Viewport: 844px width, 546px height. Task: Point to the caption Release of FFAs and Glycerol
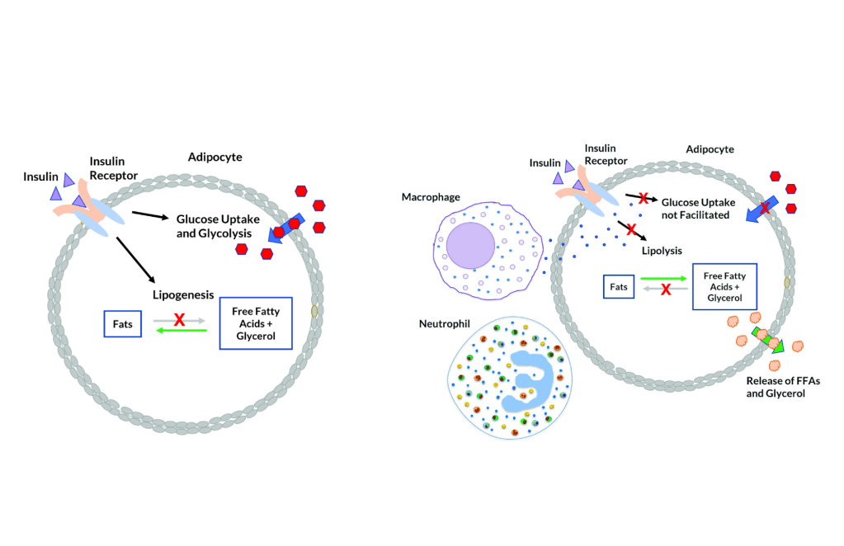[776, 387]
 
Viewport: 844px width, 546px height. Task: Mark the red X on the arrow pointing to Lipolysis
[630, 228]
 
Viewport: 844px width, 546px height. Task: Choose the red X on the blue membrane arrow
[765, 209]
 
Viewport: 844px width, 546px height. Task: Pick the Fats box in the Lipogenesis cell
[122, 324]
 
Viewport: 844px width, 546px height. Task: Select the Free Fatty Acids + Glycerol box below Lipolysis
[724, 286]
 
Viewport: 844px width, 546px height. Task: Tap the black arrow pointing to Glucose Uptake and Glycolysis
[150, 217]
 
